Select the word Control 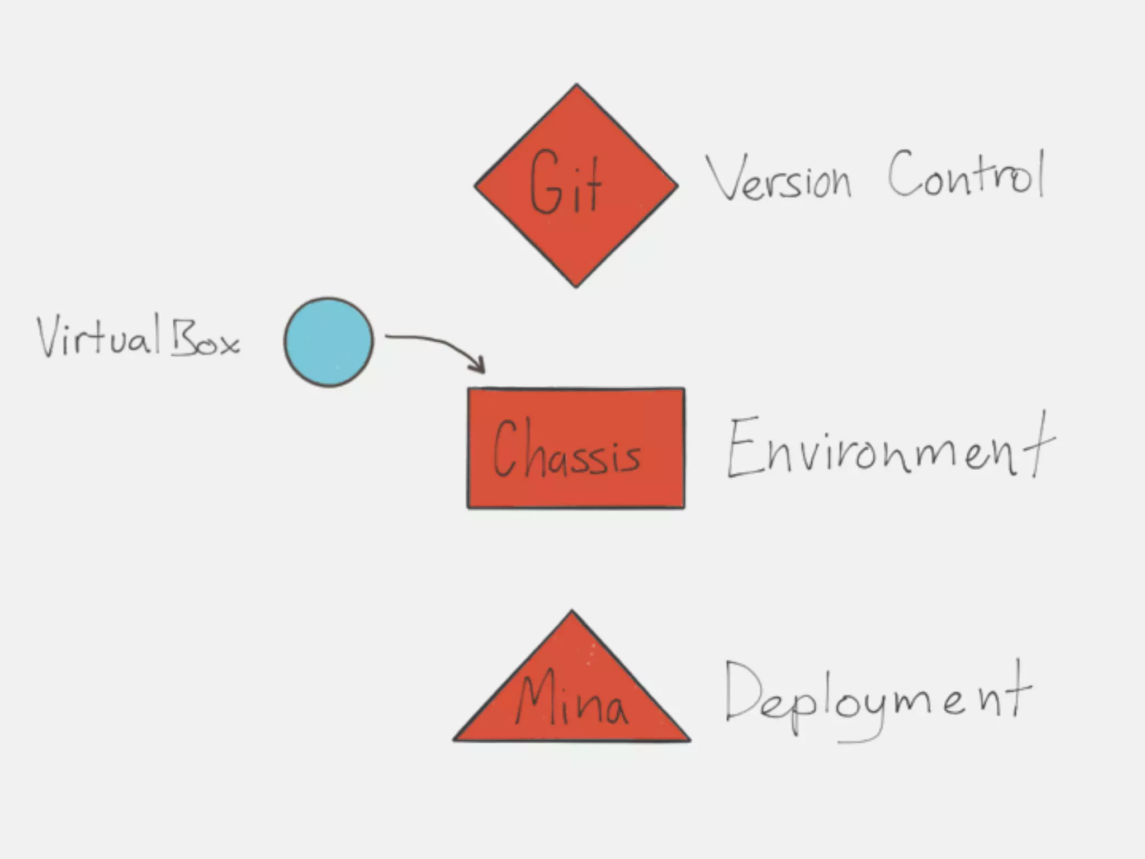[966, 174]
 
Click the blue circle [329, 342]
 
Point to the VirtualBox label [138, 337]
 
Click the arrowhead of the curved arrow [480, 367]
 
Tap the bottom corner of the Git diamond [576, 286]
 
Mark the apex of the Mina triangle [571, 612]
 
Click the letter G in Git [545, 182]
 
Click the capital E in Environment [744, 447]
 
